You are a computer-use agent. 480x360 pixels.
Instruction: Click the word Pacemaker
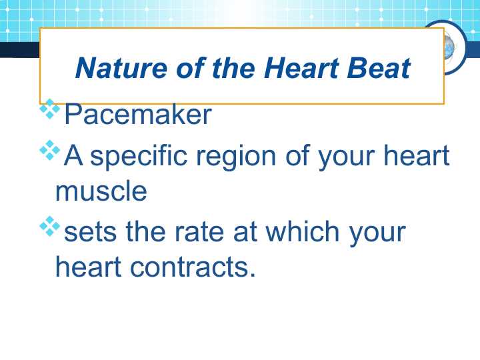tap(137, 115)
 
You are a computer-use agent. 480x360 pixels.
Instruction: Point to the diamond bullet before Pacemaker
tap(49, 109)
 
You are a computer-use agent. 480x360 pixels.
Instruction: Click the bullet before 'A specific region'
tap(49, 151)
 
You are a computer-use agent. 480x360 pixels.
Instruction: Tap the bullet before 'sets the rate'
tap(49, 227)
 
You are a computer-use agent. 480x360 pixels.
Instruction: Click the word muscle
tap(101, 191)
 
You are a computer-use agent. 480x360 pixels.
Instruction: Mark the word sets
tap(89, 233)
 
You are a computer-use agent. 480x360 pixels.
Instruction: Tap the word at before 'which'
tap(245, 233)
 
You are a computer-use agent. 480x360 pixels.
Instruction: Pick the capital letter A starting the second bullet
tap(73, 157)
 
